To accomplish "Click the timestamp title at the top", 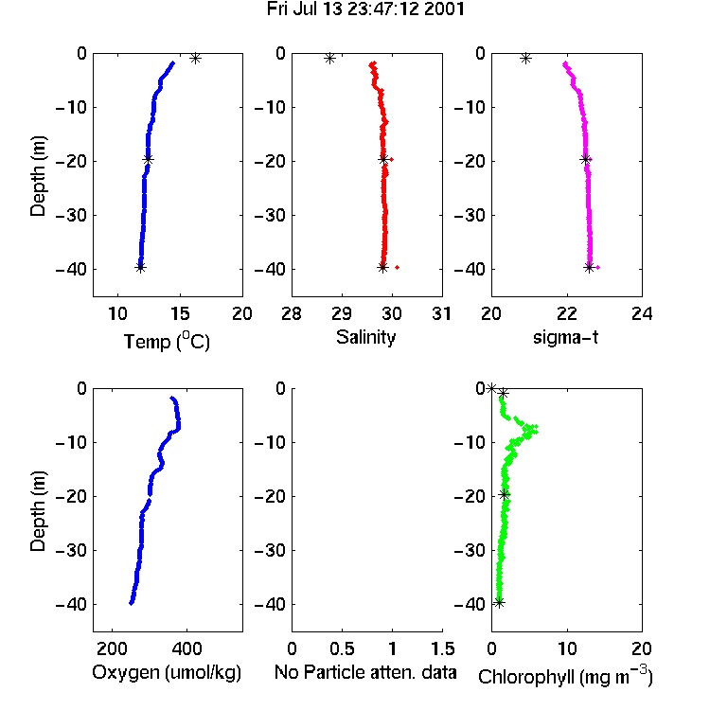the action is pyautogui.click(x=365, y=9).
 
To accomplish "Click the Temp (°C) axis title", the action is pyautogui.click(x=167, y=341).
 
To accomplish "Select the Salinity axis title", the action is pyautogui.click(x=365, y=337).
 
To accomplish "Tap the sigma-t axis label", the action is pyautogui.click(x=565, y=337).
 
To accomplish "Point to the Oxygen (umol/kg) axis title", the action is pyautogui.click(x=167, y=672).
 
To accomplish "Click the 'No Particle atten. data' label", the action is pyautogui.click(x=365, y=672).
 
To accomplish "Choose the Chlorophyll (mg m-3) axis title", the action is pyautogui.click(x=565, y=676).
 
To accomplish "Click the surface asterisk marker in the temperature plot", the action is pyautogui.click(x=195, y=58).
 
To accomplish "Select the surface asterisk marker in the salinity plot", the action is pyautogui.click(x=329, y=58).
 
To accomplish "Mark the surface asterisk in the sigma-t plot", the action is pyautogui.click(x=525, y=58).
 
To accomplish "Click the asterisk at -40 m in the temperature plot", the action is pyautogui.click(x=140, y=267).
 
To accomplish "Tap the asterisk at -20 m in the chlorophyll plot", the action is pyautogui.click(x=505, y=494).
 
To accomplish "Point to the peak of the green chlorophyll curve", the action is pyautogui.click(x=536, y=429).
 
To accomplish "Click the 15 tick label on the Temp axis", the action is pyautogui.click(x=180, y=313).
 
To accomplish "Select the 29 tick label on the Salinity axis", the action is pyautogui.click(x=342, y=313).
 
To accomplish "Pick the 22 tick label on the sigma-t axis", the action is pyautogui.click(x=567, y=313).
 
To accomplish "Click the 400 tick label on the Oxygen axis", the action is pyautogui.click(x=187, y=648).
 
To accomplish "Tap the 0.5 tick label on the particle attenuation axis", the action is pyautogui.click(x=342, y=648).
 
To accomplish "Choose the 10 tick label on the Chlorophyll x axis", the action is pyautogui.click(x=567, y=648).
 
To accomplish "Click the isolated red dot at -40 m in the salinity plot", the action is pyautogui.click(x=397, y=267).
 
